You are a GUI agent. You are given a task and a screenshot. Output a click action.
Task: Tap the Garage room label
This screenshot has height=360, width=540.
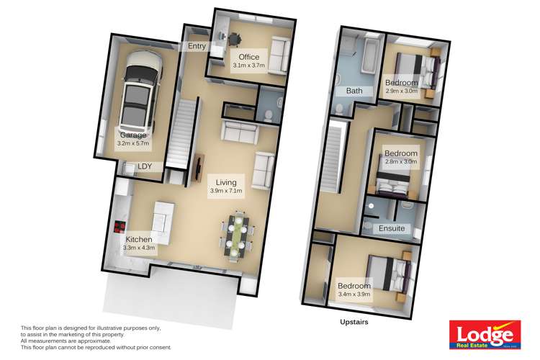pos(133,135)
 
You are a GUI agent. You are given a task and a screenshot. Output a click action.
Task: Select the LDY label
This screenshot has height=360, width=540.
pos(146,166)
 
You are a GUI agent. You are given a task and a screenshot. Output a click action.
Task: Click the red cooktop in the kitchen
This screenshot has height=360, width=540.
pos(118,228)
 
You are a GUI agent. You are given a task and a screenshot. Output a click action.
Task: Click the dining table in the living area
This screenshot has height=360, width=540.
pos(235,233)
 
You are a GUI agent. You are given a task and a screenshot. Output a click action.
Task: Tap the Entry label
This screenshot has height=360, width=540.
pos(197,46)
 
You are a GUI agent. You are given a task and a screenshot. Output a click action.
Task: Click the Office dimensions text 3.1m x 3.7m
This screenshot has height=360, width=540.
pos(249,66)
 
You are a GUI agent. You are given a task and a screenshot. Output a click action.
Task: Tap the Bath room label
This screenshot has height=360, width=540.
pos(354,91)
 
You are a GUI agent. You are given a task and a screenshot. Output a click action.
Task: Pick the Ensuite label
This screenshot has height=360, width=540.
pos(392,229)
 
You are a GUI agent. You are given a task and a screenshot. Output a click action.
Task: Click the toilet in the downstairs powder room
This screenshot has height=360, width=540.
pos(267,114)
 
